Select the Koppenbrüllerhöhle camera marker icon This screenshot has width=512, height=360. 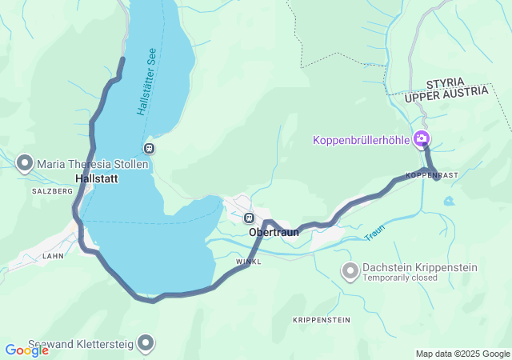click(421, 140)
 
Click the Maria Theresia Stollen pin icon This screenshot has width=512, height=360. click(24, 164)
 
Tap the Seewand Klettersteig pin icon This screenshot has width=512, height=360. click(146, 344)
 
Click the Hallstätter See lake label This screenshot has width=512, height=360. click(146, 80)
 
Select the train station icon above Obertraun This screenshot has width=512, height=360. click(250, 218)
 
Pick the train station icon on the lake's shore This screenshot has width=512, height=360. click(148, 148)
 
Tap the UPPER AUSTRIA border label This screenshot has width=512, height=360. click(446, 95)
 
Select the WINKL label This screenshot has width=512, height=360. click(249, 262)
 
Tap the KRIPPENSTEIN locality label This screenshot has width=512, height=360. click(322, 320)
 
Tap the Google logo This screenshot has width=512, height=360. click(26, 350)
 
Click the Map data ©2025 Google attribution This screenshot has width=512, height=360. click(462, 354)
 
